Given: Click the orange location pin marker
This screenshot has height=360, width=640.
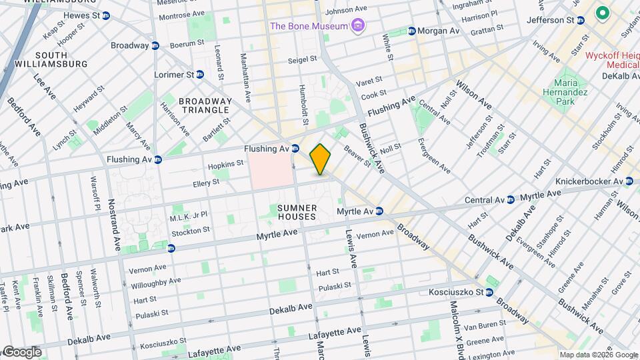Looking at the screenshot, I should pos(321,159).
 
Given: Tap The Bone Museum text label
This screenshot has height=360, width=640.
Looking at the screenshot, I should pos(309,26).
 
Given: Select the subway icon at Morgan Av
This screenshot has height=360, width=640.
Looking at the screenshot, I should pos(412,31).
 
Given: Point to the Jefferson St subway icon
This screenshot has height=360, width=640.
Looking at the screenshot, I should pos(581,21).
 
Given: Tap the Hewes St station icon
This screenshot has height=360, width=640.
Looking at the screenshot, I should pos(106,15).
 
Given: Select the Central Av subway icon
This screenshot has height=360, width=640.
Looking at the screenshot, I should pos(510,199).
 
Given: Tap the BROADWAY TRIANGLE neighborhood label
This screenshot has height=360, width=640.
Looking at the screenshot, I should pos(205,106).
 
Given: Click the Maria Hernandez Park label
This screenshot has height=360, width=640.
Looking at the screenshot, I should pos(566,93).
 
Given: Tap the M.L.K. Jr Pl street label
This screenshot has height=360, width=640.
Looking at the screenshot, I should pos(189,215).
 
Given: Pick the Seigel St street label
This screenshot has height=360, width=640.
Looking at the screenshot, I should pos(302,59).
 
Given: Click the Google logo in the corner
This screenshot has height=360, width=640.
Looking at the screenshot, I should pos(21,352).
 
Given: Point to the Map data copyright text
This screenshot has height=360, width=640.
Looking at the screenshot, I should pos(597,355).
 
